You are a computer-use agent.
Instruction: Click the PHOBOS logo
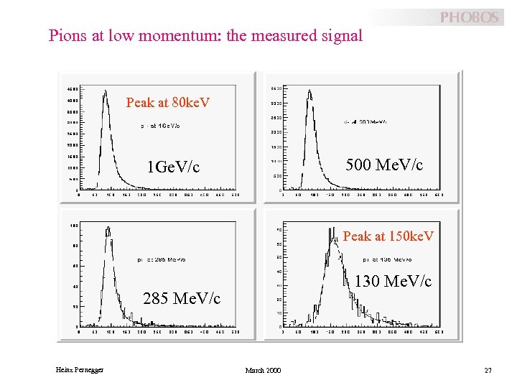pyautogui.click(x=468, y=17)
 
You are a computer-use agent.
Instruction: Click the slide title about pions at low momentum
pyautogui.click(x=205, y=35)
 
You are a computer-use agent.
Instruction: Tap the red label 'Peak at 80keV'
pyautogui.click(x=168, y=103)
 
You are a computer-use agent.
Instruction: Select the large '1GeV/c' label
pyautogui.click(x=172, y=167)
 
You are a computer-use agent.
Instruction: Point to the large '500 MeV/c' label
pyautogui.click(x=384, y=165)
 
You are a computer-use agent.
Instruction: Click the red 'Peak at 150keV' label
pyautogui.click(x=388, y=236)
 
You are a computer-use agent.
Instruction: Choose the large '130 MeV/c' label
pyautogui.click(x=393, y=282)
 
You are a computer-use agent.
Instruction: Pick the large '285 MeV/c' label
pyautogui.click(x=182, y=297)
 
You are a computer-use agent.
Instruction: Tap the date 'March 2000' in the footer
pyautogui.click(x=263, y=370)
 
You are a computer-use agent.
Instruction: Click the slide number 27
pyautogui.click(x=488, y=370)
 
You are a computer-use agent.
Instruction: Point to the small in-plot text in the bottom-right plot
pyautogui.click(x=387, y=259)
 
